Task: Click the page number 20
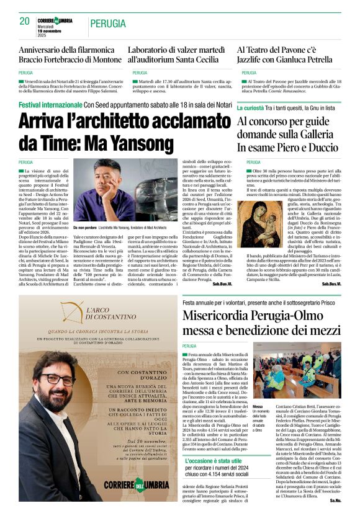24,21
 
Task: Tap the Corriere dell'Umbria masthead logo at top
55,20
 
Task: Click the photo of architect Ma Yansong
125,189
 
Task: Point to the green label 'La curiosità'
254,107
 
